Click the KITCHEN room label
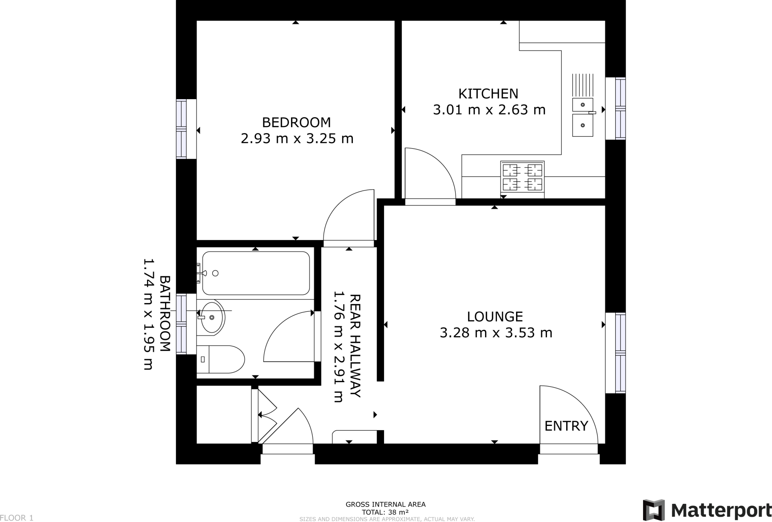click(x=488, y=93)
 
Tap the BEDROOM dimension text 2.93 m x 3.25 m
click(x=297, y=139)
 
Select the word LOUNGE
click(x=495, y=317)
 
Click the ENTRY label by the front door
click(x=566, y=426)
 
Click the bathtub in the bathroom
click(x=256, y=273)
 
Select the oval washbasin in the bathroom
click(x=212, y=317)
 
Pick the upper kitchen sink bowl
click(x=582, y=104)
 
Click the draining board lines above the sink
click(x=582, y=84)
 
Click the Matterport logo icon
click(x=654, y=510)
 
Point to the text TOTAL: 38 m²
click(x=385, y=512)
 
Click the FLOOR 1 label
click(x=17, y=518)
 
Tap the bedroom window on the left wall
click(x=182, y=129)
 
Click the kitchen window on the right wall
click(x=620, y=109)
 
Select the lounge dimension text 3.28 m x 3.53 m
click(x=496, y=333)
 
